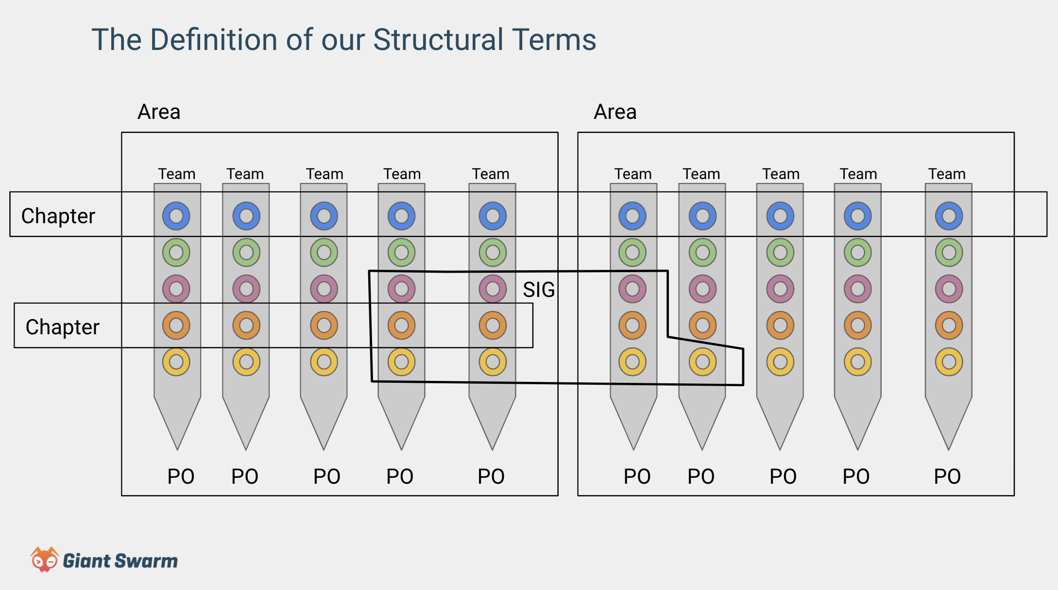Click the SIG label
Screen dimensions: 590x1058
pyautogui.click(x=538, y=290)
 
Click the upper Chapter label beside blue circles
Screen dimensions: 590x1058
pyautogui.click(x=58, y=215)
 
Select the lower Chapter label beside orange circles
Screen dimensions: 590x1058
pyautogui.click(x=62, y=327)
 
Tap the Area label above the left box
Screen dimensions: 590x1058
pyautogui.click(x=159, y=112)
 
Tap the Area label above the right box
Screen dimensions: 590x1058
pyautogui.click(x=615, y=112)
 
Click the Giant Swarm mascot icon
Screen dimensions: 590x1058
pyautogui.click(x=44, y=559)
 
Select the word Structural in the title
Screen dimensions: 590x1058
pyautogui.click(x=438, y=39)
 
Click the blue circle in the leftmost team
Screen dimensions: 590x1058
pyautogui.click(x=176, y=216)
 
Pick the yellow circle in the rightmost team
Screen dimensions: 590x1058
pyautogui.click(x=949, y=362)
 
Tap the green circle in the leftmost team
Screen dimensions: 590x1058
pyautogui.click(x=176, y=252)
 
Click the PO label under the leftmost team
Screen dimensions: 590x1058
pyautogui.click(x=181, y=476)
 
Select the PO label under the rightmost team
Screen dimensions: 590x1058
pyautogui.click(x=947, y=476)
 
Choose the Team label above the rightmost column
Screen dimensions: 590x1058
pyautogui.click(x=947, y=174)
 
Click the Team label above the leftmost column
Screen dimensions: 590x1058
pyautogui.click(x=176, y=174)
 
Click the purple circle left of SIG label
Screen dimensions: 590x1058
pyautogui.click(x=493, y=289)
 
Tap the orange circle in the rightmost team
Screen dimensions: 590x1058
pyautogui.click(x=949, y=325)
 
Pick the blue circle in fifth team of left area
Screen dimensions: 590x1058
pyautogui.click(x=493, y=216)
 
